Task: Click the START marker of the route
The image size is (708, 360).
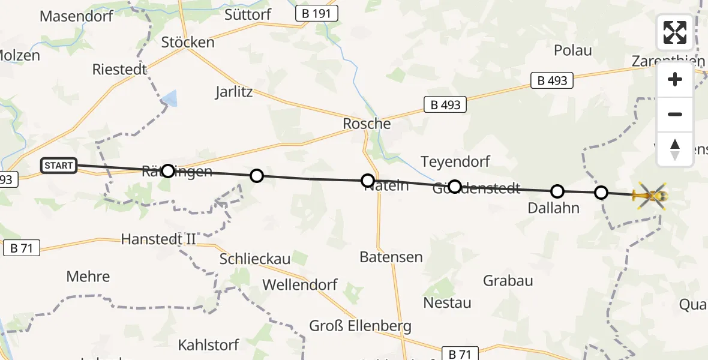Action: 59,165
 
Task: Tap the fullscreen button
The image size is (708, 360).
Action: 675,32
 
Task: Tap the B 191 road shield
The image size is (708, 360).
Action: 317,14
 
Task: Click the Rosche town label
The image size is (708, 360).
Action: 367,124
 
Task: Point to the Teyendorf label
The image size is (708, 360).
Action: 455,161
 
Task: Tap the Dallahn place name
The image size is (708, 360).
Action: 554,208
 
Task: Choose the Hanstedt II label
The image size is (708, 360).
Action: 158,239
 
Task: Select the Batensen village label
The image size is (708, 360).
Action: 391,257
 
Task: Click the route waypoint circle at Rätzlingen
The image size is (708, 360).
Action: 168,171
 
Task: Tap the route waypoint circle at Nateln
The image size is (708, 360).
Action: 368,180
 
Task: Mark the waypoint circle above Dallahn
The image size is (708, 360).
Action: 557,191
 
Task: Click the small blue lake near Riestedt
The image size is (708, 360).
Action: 171,98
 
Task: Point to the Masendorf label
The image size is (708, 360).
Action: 76,16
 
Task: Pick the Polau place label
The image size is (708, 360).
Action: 572,50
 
